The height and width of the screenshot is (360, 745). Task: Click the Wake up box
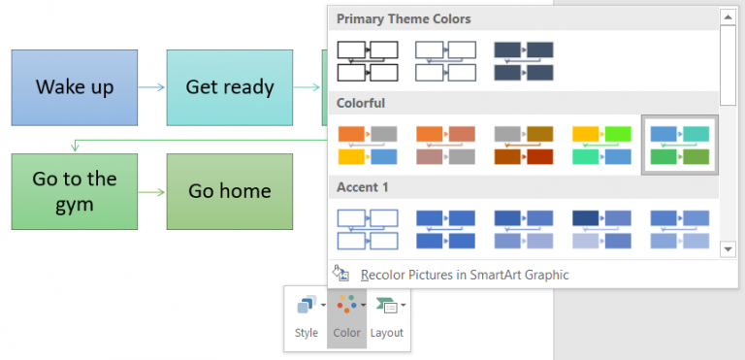tap(75, 87)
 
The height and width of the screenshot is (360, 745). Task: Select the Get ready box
tap(230, 87)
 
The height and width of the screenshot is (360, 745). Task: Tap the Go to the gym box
tap(75, 191)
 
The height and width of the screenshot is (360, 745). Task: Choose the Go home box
tap(230, 191)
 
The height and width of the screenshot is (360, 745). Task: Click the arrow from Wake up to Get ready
tap(152, 87)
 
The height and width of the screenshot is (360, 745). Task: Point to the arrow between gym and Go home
tap(152, 191)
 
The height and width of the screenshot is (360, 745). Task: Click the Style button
tap(307, 317)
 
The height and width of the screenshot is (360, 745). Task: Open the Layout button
tap(388, 317)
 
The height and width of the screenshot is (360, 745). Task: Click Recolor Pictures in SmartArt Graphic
tap(464, 275)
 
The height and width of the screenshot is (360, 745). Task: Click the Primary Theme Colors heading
tap(404, 18)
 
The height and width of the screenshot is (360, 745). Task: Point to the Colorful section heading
tap(361, 103)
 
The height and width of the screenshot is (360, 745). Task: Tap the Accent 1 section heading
tap(364, 186)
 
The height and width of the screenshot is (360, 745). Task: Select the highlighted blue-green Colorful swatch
tap(679, 145)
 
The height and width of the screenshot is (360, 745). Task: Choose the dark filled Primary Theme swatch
tap(523, 60)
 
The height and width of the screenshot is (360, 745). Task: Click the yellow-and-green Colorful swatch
tap(600, 145)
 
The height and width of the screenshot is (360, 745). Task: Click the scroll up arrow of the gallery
tap(729, 16)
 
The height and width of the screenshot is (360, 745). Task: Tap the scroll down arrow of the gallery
tap(729, 249)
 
